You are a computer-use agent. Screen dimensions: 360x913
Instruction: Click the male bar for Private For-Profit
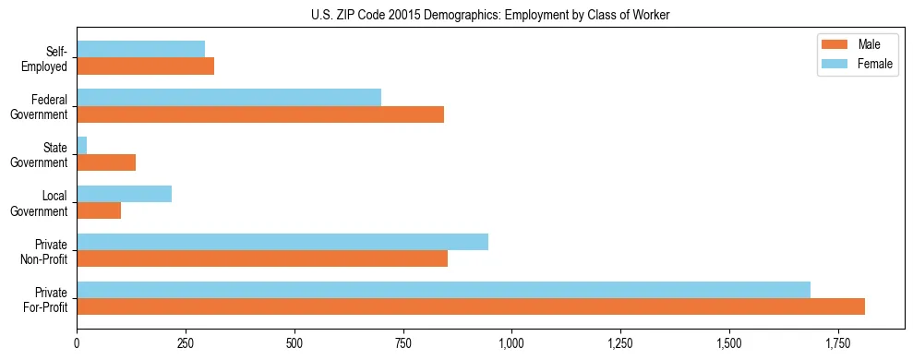pos(471,306)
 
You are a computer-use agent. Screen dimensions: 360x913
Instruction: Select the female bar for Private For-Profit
pos(443,290)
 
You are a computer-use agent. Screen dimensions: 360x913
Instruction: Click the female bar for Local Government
pos(124,194)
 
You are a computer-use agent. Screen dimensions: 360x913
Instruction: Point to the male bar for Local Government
pos(99,210)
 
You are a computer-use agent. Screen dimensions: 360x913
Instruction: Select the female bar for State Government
pos(82,146)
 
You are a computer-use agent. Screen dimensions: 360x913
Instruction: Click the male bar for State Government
pos(106,162)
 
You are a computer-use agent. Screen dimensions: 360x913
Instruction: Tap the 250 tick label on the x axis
pos(186,343)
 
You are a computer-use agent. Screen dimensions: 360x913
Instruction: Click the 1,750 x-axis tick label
pos(838,343)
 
